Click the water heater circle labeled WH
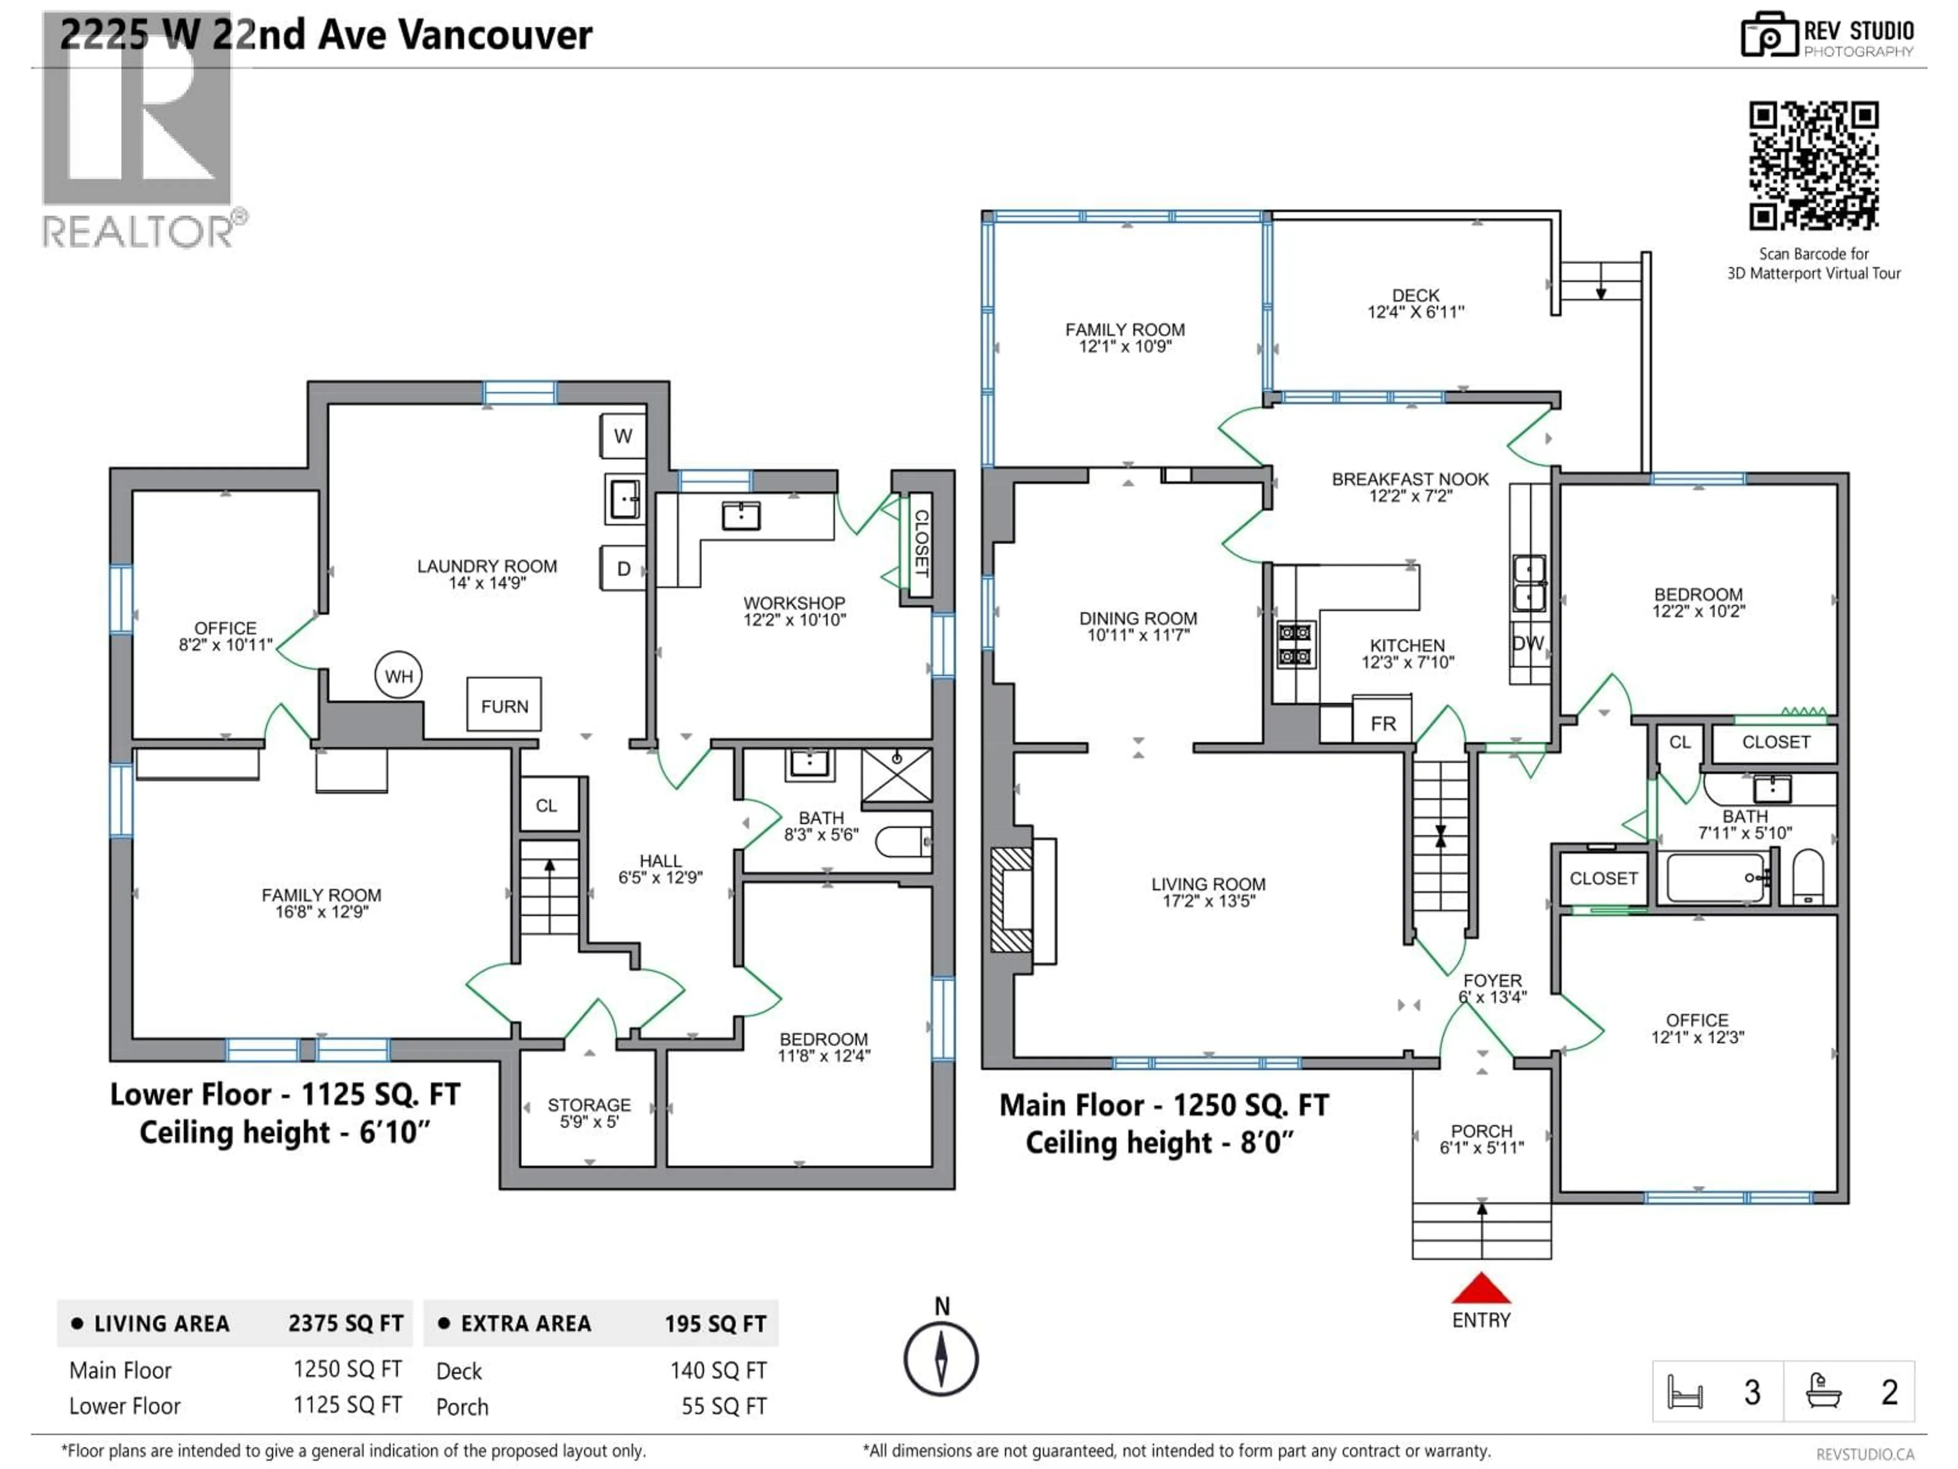(398, 676)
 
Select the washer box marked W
(623, 436)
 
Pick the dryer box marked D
(623, 569)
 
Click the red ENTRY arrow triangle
(1481, 1289)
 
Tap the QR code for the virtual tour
(1813, 166)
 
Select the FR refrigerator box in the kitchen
(1383, 722)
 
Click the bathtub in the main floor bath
(1715, 877)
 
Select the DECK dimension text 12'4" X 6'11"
(1415, 312)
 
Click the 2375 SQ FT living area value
(345, 1323)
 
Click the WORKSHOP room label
(794, 603)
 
